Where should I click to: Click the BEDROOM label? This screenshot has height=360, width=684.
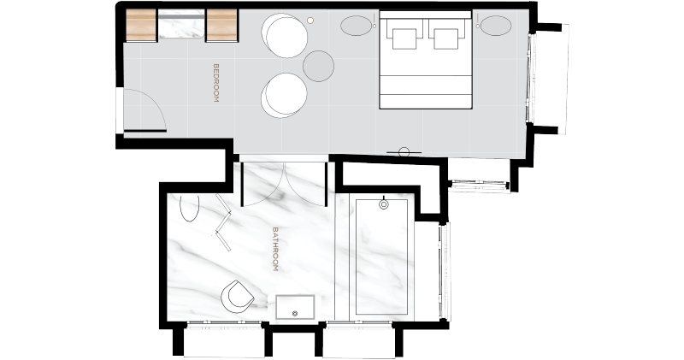[215, 83]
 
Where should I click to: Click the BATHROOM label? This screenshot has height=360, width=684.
[275, 249]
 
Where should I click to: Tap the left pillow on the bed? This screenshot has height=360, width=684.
[404, 38]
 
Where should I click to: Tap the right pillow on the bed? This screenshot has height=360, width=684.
[445, 38]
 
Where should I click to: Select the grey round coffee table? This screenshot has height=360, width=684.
[318, 66]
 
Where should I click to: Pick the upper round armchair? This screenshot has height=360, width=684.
[285, 35]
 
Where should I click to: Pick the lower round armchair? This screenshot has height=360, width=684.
[284, 95]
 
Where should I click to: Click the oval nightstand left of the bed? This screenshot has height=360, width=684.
[357, 26]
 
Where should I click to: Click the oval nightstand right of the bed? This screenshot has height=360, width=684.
[496, 26]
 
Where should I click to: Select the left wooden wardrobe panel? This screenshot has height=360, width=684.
[141, 26]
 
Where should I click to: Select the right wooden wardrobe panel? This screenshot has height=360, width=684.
[221, 26]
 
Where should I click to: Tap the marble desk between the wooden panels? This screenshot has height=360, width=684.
[181, 25]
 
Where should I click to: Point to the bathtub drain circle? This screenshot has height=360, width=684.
[384, 204]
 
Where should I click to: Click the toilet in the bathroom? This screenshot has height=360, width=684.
[238, 297]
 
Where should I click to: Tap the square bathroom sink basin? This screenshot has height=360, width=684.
[295, 307]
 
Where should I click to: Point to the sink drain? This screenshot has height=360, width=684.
[294, 313]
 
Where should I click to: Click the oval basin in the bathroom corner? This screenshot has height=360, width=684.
[189, 208]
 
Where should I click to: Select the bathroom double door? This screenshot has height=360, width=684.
[284, 184]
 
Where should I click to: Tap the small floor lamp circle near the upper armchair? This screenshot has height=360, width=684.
[310, 20]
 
